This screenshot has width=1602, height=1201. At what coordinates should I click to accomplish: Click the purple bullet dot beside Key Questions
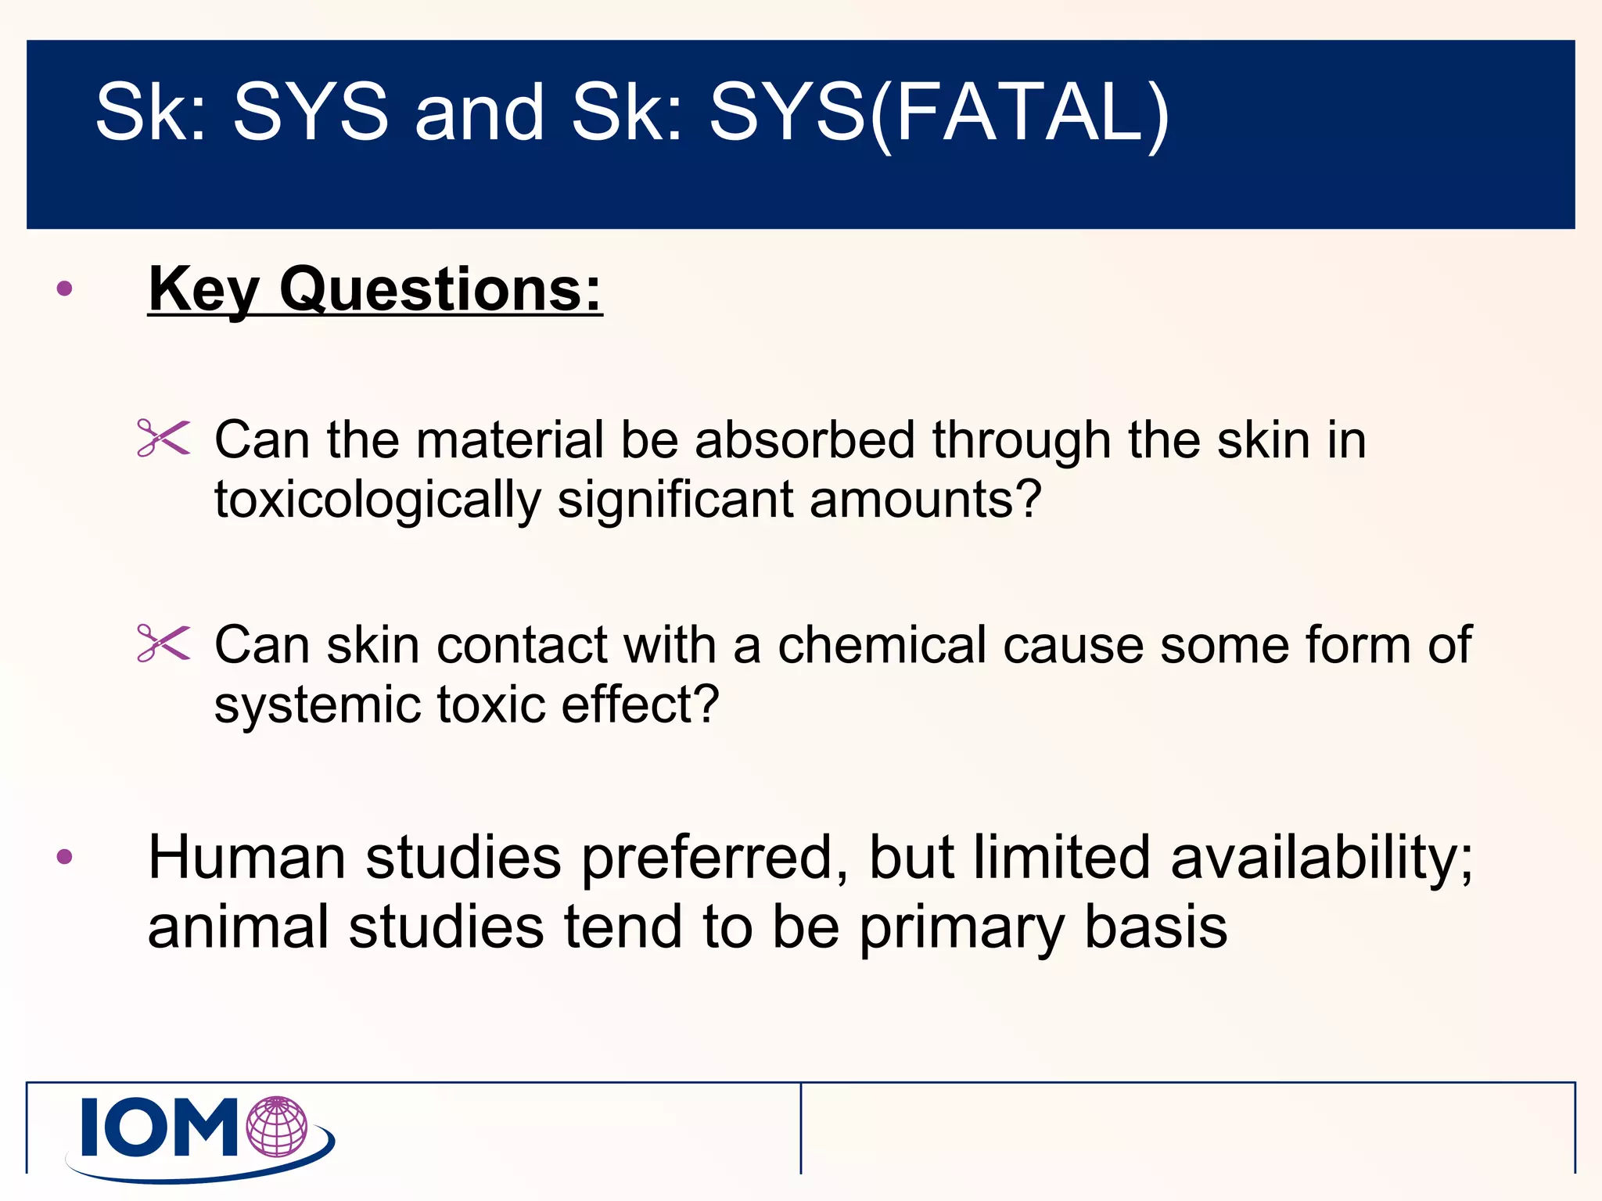(65, 289)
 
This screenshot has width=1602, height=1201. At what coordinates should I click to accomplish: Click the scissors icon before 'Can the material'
(163, 438)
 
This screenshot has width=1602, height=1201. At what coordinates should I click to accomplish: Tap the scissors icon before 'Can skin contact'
(163, 644)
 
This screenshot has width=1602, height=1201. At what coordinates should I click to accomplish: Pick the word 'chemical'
(882, 645)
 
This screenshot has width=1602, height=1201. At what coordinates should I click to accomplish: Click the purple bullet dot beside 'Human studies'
(65, 857)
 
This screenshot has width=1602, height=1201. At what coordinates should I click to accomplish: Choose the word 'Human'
(246, 858)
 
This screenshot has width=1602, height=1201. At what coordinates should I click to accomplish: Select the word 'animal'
(238, 927)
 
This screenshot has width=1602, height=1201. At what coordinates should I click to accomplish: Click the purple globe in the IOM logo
(277, 1126)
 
